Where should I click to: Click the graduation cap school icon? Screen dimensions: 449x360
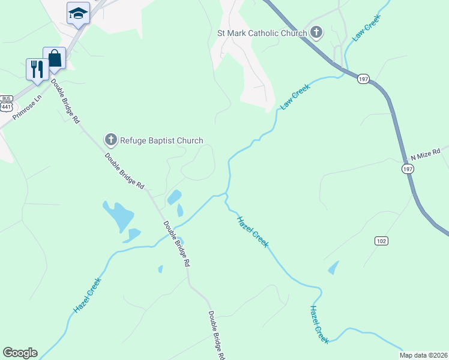click(77, 13)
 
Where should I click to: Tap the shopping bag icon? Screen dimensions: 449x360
click(54, 59)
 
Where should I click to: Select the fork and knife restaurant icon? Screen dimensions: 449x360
click(37, 68)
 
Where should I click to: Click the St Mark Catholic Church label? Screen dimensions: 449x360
click(261, 33)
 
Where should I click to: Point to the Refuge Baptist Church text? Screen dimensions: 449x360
click(161, 141)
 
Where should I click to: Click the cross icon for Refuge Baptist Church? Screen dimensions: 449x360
click(110, 140)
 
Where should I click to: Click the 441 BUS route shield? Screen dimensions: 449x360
click(7, 103)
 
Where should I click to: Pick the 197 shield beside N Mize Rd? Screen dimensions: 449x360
click(408, 170)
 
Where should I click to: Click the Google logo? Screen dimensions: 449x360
click(20, 353)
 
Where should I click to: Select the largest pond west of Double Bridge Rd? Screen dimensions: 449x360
click(118, 215)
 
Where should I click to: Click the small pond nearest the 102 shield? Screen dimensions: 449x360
click(334, 268)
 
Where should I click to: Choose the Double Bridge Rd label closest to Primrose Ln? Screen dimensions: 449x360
click(65, 101)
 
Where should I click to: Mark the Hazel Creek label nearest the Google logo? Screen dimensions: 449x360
click(86, 295)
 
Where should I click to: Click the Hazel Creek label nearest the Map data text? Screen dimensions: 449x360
click(319, 325)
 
